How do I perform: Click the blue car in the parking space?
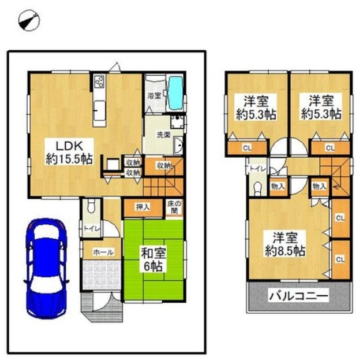point(47,269)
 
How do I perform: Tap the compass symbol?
point(29,20)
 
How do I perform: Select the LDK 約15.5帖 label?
point(69,152)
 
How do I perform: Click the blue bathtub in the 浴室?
point(176,93)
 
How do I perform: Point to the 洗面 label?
point(164,135)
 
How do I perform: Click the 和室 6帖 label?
point(153,260)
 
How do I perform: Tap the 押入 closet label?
point(143,207)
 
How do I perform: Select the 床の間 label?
point(174,207)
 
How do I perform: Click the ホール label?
point(103,252)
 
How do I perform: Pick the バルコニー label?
point(298,296)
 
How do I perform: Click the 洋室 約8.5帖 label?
point(285,244)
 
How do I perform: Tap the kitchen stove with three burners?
point(99,81)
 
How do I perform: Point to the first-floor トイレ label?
point(92,229)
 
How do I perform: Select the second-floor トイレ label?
point(257,169)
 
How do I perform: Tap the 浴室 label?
point(155,96)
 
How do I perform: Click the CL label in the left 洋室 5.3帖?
point(247,148)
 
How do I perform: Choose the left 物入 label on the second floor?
point(278,186)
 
